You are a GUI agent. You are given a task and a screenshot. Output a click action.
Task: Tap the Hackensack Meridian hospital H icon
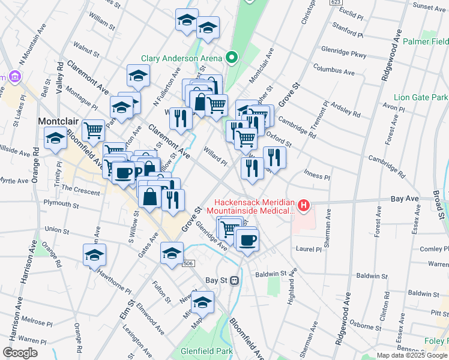pyautogui.click(x=304, y=206)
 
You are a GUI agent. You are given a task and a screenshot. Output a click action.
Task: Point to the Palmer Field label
pyautogui.click(x=426, y=42)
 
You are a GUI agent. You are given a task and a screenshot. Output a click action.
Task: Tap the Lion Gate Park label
pyautogui.click(x=421, y=97)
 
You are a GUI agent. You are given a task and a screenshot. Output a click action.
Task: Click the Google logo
pyautogui.click(x=20, y=353)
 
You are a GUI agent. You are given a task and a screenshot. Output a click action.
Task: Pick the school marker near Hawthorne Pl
pyautogui.click(x=94, y=255)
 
